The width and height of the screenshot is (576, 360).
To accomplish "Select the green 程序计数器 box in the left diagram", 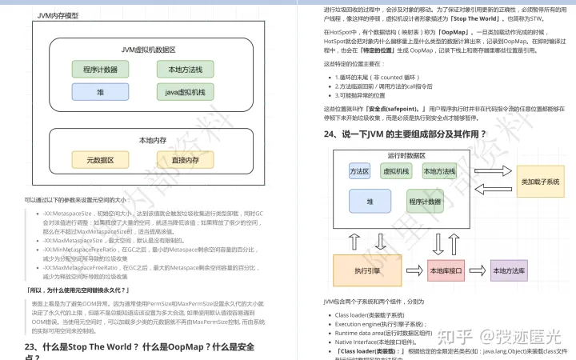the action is (100, 70).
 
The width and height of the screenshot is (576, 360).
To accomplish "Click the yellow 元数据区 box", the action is (100, 160).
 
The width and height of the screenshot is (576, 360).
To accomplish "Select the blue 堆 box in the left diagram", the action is (100, 92).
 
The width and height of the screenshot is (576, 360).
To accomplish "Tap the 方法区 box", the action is (359, 171).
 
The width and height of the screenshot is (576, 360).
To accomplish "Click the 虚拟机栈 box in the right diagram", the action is (396, 171).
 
